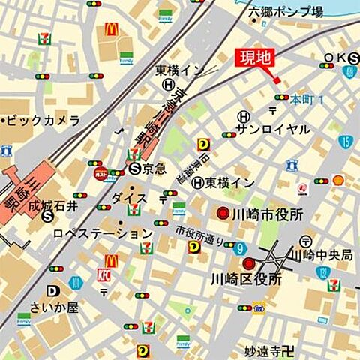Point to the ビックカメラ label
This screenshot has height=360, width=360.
43,120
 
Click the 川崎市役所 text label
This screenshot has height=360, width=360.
268,214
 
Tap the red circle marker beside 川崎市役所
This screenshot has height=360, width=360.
223,214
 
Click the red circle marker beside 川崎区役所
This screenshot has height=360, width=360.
248,263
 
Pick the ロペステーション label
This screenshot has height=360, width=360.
103,233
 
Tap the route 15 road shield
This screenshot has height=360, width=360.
345,142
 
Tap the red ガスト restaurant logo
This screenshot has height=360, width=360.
100,172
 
